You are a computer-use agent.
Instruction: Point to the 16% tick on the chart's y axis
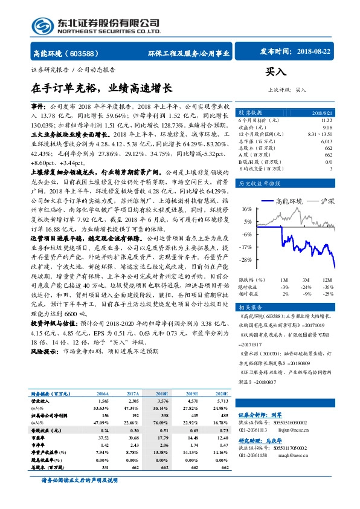[246, 209]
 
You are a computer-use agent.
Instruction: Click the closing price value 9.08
[327, 128]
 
